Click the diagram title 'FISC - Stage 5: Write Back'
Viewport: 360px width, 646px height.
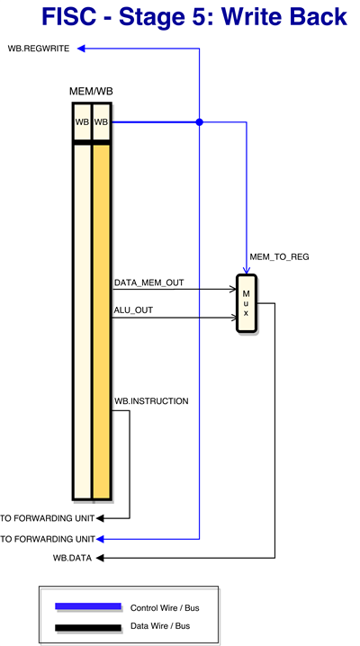194,17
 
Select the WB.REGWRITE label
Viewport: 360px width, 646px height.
39,49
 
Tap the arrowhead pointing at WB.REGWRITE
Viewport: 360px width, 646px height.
81,49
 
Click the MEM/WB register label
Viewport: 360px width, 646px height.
91,92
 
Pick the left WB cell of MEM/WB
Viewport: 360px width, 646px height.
82,122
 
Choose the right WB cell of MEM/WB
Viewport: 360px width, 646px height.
102,122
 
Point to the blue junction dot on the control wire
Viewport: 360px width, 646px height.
200,122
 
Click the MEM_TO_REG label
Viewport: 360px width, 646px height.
279,257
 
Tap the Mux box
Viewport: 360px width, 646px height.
246,303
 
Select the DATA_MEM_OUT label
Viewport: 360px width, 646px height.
148,283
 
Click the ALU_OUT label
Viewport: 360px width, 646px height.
133,310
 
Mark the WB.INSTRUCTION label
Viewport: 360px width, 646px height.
151,401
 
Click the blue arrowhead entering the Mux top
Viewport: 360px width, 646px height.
247,270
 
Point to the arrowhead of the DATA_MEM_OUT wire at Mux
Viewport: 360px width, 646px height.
233,289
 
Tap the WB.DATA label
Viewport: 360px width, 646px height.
73,558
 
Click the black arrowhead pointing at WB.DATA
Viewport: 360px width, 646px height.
100,558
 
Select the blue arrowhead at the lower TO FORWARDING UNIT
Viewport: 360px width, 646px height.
100,539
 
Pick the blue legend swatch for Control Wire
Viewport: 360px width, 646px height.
88,606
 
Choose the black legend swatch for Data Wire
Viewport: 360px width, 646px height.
88,628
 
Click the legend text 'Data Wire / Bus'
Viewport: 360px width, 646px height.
160,626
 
